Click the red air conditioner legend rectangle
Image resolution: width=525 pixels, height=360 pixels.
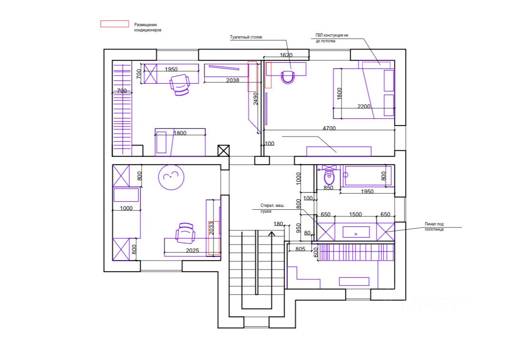(x=114, y=24)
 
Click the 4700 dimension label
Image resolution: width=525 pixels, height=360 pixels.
(x=329, y=128)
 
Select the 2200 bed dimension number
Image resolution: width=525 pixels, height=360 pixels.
(x=363, y=107)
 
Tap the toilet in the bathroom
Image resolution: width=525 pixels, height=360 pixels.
(x=329, y=178)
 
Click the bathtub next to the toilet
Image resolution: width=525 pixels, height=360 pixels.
(x=367, y=175)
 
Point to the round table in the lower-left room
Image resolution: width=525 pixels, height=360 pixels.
(x=170, y=177)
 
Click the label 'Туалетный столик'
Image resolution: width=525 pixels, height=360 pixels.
(x=246, y=37)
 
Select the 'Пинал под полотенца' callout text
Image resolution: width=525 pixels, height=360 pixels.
(x=435, y=226)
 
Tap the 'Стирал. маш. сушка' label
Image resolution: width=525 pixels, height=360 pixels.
(x=272, y=208)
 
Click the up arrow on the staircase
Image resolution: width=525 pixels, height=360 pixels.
(x=271, y=234)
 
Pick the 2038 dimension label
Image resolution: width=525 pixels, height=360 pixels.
(x=233, y=80)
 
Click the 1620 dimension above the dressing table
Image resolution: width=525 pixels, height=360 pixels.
(x=286, y=55)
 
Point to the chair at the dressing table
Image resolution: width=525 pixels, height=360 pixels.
(x=287, y=77)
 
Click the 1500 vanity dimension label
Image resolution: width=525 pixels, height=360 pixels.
(x=356, y=214)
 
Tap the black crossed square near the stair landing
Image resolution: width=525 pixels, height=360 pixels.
(x=223, y=151)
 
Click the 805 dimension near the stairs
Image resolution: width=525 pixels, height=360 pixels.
(x=300, y=249)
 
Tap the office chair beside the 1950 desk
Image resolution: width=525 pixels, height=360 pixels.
(x=180, y=85)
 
